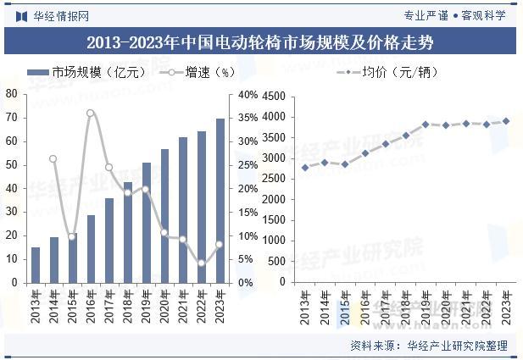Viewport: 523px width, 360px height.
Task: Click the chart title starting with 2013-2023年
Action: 260,42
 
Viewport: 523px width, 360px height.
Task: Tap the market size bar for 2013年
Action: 36,264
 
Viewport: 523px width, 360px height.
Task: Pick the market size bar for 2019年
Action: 147,222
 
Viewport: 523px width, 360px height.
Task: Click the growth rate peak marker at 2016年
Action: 91,113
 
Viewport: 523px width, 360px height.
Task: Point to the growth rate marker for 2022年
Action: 202,263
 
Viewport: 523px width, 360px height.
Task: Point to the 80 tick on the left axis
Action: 12,94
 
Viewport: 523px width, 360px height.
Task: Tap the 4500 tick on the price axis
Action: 276,96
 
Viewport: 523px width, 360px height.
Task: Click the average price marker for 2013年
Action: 305,167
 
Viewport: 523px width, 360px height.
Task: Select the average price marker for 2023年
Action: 506,121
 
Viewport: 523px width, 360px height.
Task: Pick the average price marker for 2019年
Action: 426,125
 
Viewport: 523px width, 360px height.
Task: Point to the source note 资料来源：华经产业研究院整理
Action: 428,346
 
